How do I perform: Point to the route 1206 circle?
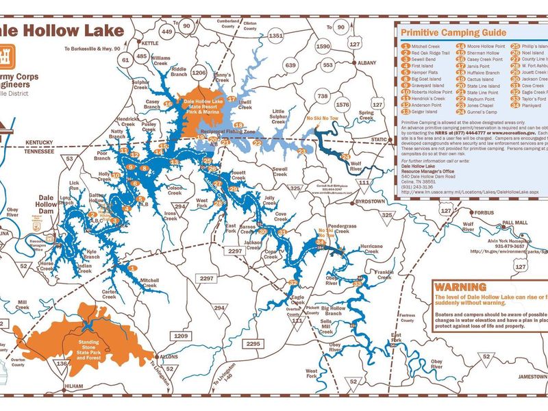tap(199, 72)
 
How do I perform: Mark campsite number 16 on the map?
tap(169, 105)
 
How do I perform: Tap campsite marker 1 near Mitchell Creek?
tap(133, 268)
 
